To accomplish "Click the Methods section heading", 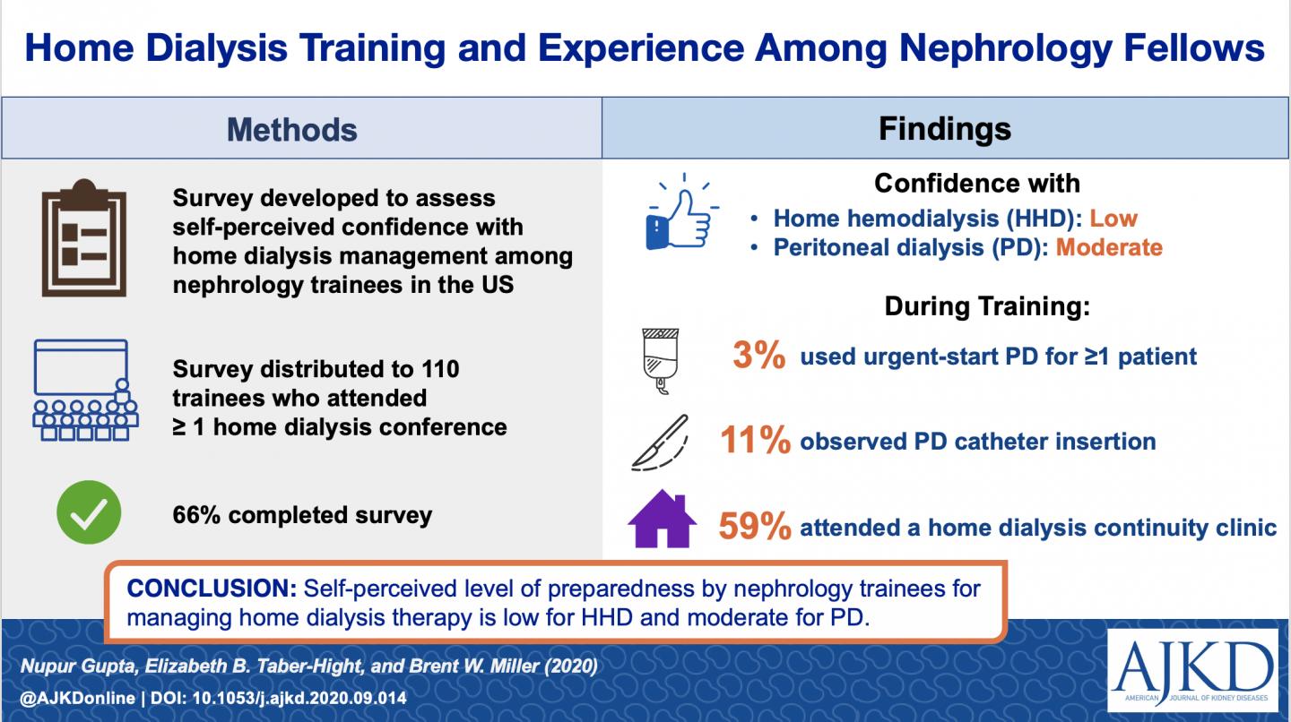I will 291,129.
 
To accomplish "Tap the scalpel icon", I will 661,442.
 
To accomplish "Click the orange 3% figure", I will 760,356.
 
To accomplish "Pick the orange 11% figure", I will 755,442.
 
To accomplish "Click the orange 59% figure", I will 754,528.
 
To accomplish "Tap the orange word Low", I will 1113,218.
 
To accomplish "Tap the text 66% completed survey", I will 302,515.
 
